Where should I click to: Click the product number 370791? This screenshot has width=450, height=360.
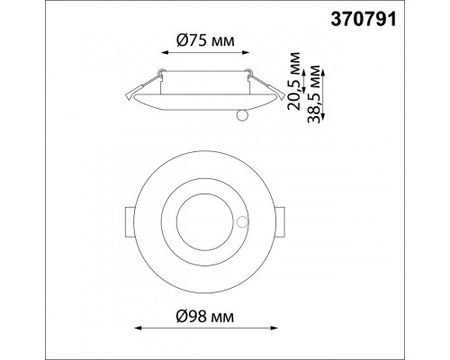pos(364,20)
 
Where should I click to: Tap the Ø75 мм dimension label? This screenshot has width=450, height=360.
pos(205,40)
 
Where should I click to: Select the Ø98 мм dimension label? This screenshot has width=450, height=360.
pos(205,316)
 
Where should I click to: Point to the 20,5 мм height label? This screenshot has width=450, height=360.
pos(293,81)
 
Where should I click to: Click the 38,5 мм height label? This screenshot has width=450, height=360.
pos(314,94)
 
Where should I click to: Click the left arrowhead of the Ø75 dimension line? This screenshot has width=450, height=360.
pos(165,52)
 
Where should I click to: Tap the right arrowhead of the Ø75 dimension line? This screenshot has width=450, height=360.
pos(246,52)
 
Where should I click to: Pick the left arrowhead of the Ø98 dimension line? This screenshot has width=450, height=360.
pos(138,328)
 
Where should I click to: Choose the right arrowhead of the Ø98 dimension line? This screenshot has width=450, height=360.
pos(274,328)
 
